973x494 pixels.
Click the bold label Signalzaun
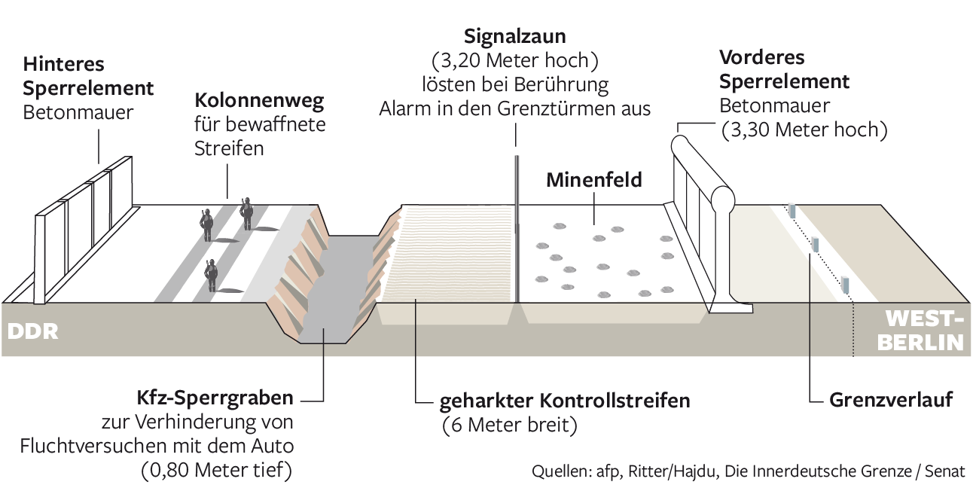coord(515,35)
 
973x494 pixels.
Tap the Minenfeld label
coord(594,180)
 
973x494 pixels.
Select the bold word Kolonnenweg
coord(260,100)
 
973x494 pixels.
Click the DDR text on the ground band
coord(32,331)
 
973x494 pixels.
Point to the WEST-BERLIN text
coord(923,329)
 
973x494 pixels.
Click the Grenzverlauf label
coord(891,400)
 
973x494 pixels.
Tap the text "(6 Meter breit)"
coord(509,425)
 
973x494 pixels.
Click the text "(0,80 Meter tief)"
coord(216,471)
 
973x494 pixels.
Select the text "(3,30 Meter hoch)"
coord(804,130)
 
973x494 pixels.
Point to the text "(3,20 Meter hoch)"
coord(514,59)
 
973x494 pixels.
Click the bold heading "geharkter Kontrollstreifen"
coord(565,401)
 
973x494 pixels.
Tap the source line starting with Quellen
coord(749,472)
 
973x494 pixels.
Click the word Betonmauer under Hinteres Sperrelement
coord(78,113)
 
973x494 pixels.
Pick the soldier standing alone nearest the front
coord(212,275)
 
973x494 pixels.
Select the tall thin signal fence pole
coord(517,226)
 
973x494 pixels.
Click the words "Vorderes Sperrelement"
coord(784,69)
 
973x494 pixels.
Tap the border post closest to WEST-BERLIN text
coord(845,285)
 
